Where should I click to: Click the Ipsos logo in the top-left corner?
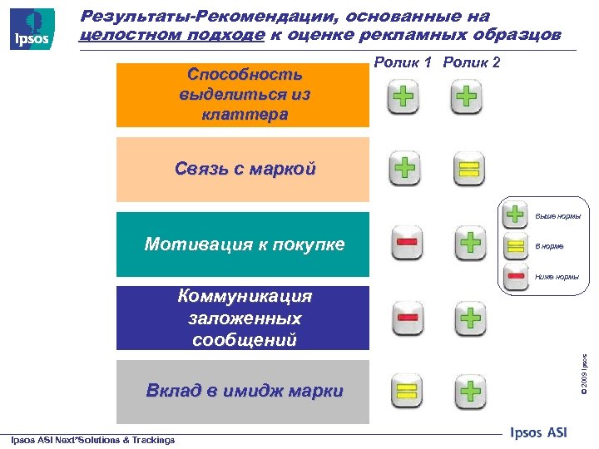pyautogui.click(x=32, y=28)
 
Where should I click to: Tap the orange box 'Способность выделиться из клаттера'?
pyautogui.click(x=243, y=93)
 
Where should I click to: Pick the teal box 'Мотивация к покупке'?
pyautogui.click(x=243, y=244)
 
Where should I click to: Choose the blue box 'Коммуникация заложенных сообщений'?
pyautogui.click(x=243, y=318)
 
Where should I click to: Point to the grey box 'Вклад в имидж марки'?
pyautogui.click(x=243, y=392)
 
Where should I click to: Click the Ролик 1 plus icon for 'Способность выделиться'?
pyautogui.click(x=403, y=99)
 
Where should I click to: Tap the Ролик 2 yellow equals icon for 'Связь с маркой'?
pyautogui.click(x=468, y=170)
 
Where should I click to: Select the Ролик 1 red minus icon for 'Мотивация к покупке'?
pyautogui.click(x=407, y=243)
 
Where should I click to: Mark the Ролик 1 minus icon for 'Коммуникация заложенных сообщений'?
pyautogui.click(x=407, y=318)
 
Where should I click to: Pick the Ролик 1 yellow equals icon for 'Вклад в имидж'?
pyautogui.click(x=405, y=391)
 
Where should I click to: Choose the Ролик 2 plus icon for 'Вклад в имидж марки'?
pyautogui.click(x=470, y=391)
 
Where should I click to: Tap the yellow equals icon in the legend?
pyautogui.click(x=517, y=246)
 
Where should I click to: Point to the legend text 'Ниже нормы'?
pyautogui.click(x=556, y=277)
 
